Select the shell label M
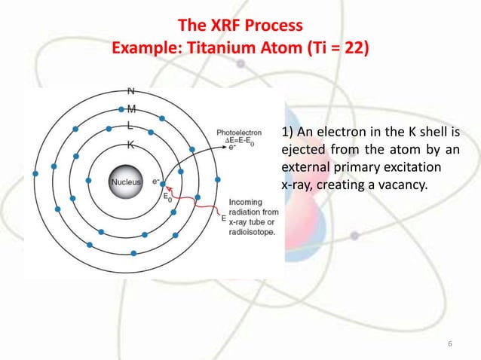(x=130, y=109)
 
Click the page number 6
(x=450, y=345)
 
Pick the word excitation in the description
(x=414, y=166)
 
